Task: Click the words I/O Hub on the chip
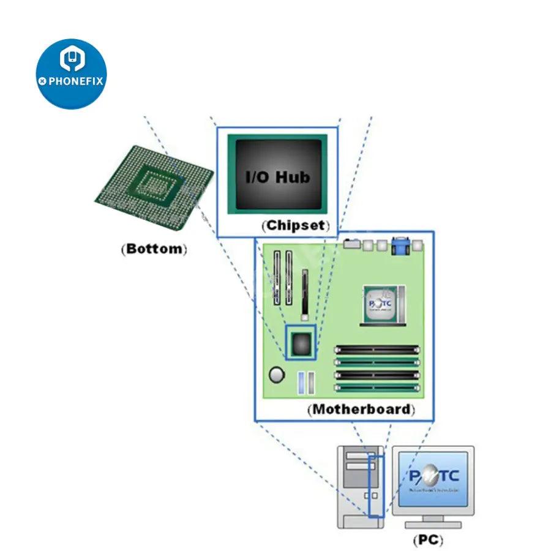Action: click(277, 177)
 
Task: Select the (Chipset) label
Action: click(296, 225)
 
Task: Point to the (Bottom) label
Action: click(154, 249)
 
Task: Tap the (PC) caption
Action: click(427, 540)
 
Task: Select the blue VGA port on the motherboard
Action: click(400, 247)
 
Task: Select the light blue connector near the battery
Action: click(301, 383)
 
